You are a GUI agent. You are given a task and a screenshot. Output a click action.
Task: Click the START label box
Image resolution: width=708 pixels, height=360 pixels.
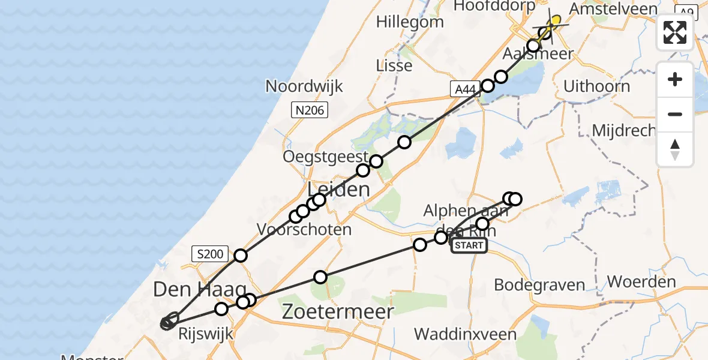(x=469, y=245)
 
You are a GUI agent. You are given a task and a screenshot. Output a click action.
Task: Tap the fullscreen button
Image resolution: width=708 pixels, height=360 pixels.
(x=675, y=32)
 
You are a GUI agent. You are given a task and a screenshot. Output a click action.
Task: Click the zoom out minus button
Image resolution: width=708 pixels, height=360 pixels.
(x=675, y=114)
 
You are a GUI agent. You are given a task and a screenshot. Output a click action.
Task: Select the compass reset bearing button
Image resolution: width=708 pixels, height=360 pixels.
(x=675, y=149)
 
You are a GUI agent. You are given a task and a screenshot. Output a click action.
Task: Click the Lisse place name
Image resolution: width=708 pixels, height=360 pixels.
(x=394, y=65)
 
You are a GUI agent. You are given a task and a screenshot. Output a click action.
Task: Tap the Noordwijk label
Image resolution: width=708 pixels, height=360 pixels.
(x=304, y=86)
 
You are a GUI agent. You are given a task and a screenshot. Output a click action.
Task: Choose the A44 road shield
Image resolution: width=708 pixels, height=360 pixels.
(x=465, y=89)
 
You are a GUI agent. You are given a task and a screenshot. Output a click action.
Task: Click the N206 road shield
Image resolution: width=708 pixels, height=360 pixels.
(x=309, y=109)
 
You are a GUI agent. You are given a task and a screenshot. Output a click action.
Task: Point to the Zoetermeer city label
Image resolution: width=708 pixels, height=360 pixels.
(x=338, y=311)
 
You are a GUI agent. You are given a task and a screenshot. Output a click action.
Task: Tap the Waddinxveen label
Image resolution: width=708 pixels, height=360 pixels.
(x=457, y=334)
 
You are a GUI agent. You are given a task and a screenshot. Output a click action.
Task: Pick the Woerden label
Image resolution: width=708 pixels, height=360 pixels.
(x=641, y=281)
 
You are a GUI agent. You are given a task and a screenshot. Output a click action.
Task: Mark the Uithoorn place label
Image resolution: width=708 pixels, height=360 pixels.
(x=596, y=86)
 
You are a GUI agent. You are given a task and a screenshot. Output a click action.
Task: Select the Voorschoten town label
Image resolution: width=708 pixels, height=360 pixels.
(x=304, y=229)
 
